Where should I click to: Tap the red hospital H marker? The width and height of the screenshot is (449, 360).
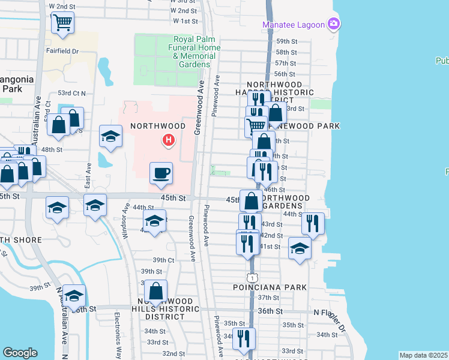169,141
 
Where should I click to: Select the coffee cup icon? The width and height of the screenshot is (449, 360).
161,173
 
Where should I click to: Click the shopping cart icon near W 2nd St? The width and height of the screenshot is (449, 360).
62,23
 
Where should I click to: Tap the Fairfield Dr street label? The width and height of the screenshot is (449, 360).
62,51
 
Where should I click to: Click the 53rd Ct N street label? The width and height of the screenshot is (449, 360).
72,93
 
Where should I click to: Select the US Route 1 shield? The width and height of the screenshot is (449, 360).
252,277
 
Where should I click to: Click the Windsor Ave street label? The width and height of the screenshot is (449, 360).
127,222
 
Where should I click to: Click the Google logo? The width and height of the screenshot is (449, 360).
20,353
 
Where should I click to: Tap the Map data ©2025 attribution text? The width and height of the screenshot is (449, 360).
423,355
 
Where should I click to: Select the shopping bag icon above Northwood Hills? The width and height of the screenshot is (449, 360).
155,292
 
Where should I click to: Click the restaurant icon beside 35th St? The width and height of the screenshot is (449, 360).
244,338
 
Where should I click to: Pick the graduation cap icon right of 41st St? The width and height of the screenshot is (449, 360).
300,249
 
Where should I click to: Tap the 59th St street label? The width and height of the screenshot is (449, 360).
286,41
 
